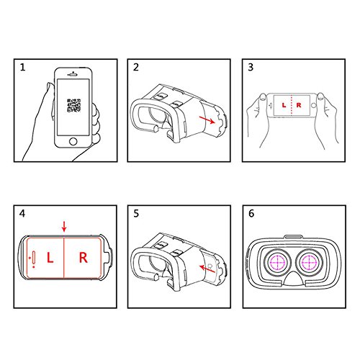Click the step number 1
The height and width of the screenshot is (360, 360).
[22, 67]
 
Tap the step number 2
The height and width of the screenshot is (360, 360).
[136, 67]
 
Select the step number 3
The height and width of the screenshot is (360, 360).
[251, 67]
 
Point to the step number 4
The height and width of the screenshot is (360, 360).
[22, 213]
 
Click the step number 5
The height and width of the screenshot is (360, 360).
[136, 213]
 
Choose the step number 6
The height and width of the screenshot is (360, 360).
[251, 213]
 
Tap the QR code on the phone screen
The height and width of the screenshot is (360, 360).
[74, 105]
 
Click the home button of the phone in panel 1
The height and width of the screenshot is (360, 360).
[73, 141]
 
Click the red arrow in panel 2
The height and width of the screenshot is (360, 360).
[207, 120]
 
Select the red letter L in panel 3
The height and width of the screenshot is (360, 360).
[284, 105]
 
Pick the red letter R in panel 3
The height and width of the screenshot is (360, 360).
[299, 105]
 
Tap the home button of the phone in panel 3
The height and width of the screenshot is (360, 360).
[313, 105]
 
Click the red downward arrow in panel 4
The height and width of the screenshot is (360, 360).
[64, 227]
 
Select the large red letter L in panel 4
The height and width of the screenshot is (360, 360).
[50, 258]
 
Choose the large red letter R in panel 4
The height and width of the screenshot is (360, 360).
[84, 258]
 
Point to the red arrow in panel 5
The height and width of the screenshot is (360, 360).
[207, 269]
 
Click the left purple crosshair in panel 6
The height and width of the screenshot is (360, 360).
[277, 262]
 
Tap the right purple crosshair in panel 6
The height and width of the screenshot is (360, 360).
[309, 262]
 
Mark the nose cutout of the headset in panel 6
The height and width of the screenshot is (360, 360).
[293, 279]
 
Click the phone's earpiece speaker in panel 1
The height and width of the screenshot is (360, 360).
[73, 75]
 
